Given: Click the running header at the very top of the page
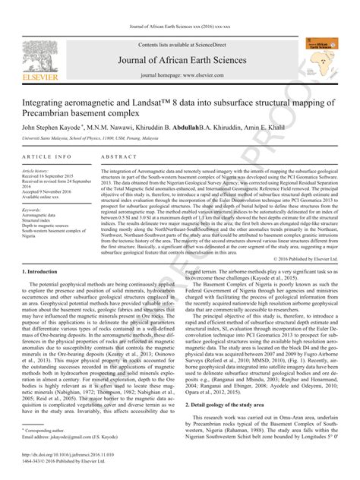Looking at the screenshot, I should tap(179, 7).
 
